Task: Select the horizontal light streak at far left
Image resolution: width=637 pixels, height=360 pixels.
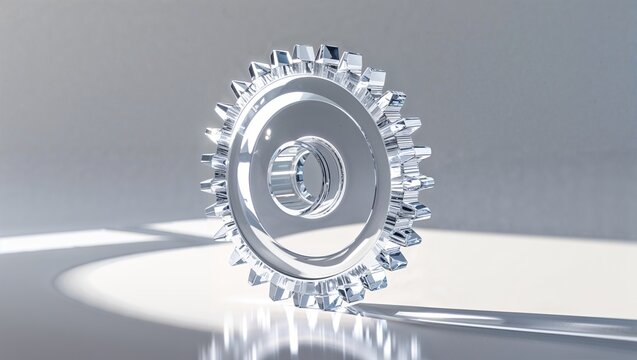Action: coord(60,241)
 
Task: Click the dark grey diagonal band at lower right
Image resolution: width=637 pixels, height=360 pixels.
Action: coord(560,325)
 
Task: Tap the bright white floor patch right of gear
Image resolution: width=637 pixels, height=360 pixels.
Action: coord(500,265)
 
